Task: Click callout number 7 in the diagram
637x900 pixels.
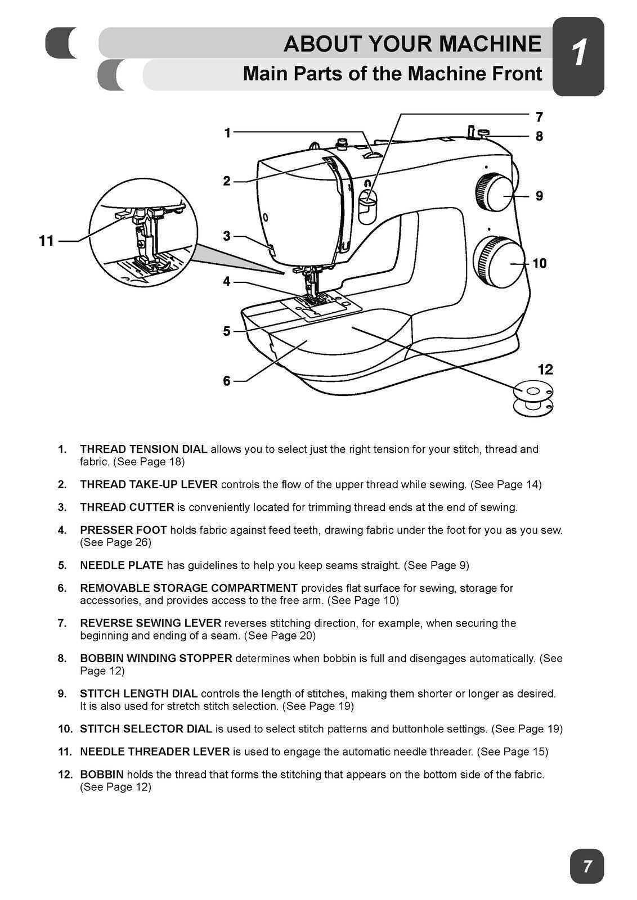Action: pyautogui.click(x=539, y=117)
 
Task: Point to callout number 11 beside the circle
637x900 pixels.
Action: pyautogui.click(x=46, y=241)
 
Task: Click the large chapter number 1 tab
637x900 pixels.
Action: pyautogui.click(x=578, y=55)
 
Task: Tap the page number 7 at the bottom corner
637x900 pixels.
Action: pyautogui.click(x=587, y=866)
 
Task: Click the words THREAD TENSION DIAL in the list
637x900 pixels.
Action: pyautogui.click(x=143, y=449)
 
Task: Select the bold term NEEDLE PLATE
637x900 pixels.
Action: pyautogui.click(x=122, y=565)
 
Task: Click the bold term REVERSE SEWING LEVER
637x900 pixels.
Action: pyautogui.click(x=150, y=623)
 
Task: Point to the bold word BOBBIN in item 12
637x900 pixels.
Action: pyautogui.click(x=101, y=774)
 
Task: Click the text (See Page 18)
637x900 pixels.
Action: pyautogui.click(x=149, y=462)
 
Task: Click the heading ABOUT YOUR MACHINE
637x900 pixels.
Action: pyautogui.click(x=412, y=44)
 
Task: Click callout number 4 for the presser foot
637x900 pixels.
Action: pyautogui.click(x=227, y=281)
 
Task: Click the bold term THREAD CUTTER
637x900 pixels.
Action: pyautogui.click(x=127, y=507)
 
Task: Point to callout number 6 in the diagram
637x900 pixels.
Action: pyautogui.click(x=227, y=381)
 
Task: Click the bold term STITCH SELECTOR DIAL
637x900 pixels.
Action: pyautogui.click(x=146, y=728)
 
